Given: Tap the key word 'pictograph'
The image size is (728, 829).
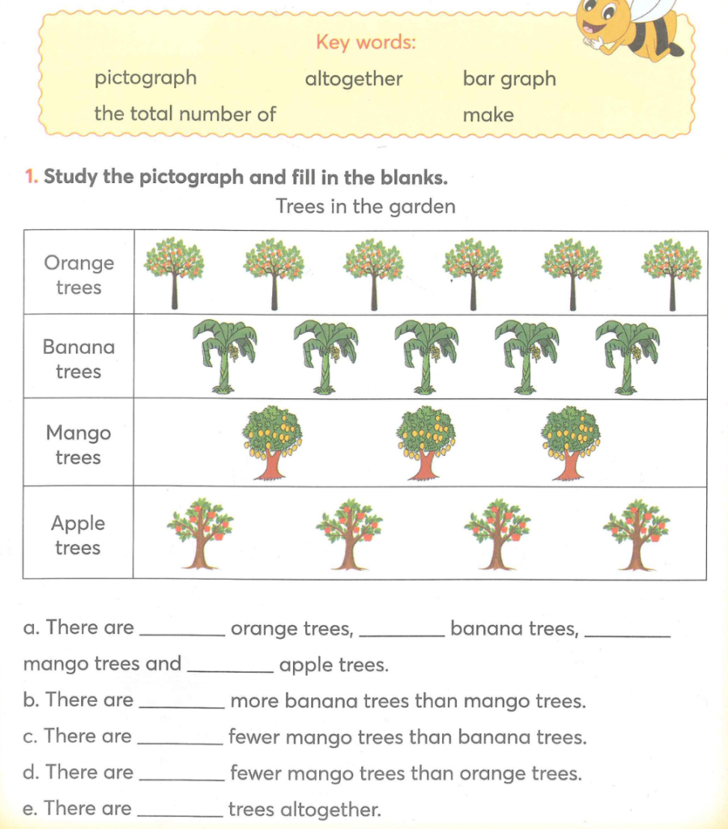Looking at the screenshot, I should [146, 79].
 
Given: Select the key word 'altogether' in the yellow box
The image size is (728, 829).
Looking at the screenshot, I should [353, 79].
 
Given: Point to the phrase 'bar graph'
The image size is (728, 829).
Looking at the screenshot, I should [509, 79].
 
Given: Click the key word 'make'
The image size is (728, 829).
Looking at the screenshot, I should [488, 115].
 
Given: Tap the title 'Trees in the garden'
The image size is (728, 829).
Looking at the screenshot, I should [365, 206].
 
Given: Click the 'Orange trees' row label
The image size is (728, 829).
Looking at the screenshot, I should [79, 275].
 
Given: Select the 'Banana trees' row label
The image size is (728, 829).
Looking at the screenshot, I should [79, 359].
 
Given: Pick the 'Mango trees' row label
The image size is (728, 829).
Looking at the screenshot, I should [79, 445].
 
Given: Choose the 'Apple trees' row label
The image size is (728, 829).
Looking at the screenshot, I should [79, 535].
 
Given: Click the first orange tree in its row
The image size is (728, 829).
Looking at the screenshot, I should [174, 273].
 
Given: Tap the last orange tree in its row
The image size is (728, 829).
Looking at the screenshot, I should [671, 273].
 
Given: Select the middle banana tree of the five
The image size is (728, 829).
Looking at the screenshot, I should [425, 355].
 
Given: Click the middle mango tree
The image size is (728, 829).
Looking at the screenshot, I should [426, 442].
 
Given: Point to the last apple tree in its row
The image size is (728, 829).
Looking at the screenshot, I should [636, 534].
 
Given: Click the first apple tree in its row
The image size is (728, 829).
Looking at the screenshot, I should [199, 534].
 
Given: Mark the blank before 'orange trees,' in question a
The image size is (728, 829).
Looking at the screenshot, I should [183, 630].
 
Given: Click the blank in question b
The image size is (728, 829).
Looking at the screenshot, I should [182, 703].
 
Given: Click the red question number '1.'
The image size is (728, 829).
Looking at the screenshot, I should [32, 176].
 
